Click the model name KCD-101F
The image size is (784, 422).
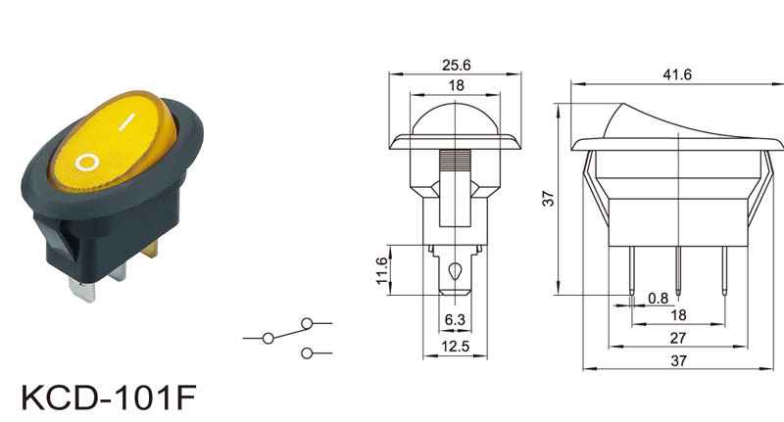click(109, 397)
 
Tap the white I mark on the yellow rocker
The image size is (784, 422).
click(127, 121)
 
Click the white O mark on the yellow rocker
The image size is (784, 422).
click(86, 163)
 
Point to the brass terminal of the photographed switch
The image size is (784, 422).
click(151, 248)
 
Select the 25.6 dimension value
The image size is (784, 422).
click(456, 65)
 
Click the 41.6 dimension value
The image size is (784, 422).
click(677, 74)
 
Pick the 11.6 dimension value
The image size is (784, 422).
click(381, 270)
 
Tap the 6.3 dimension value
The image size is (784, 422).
click(455, 319)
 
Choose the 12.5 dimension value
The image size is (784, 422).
click(455, 346)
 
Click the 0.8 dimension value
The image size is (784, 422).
click(658, 299)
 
